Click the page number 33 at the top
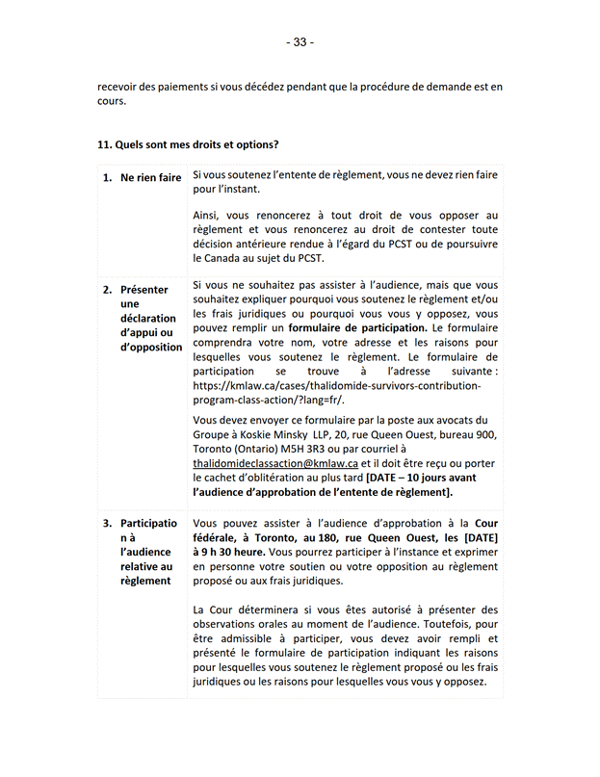tap(300, 42)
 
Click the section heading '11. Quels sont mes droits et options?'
tap(188, 145)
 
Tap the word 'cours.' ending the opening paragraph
tap(113, 102)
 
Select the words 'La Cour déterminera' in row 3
tap(245, 609)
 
